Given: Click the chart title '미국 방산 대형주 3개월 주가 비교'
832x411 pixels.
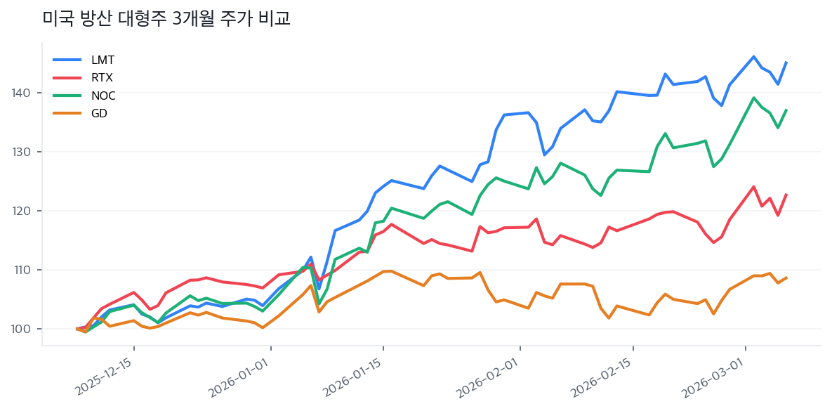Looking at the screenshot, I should [166, 19].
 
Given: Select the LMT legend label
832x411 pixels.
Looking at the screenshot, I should [103, 60].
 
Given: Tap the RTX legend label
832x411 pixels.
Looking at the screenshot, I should [102, 77].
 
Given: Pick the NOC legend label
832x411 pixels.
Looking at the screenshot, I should [103, 96].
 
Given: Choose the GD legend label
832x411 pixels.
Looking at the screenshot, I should [99, 113].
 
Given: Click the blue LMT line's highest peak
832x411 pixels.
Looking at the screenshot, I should [753, 56].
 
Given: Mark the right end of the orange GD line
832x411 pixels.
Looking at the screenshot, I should [786, 278].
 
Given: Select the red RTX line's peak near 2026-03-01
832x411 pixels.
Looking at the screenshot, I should [753, 186].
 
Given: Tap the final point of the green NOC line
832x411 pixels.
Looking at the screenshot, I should [786, 110].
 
